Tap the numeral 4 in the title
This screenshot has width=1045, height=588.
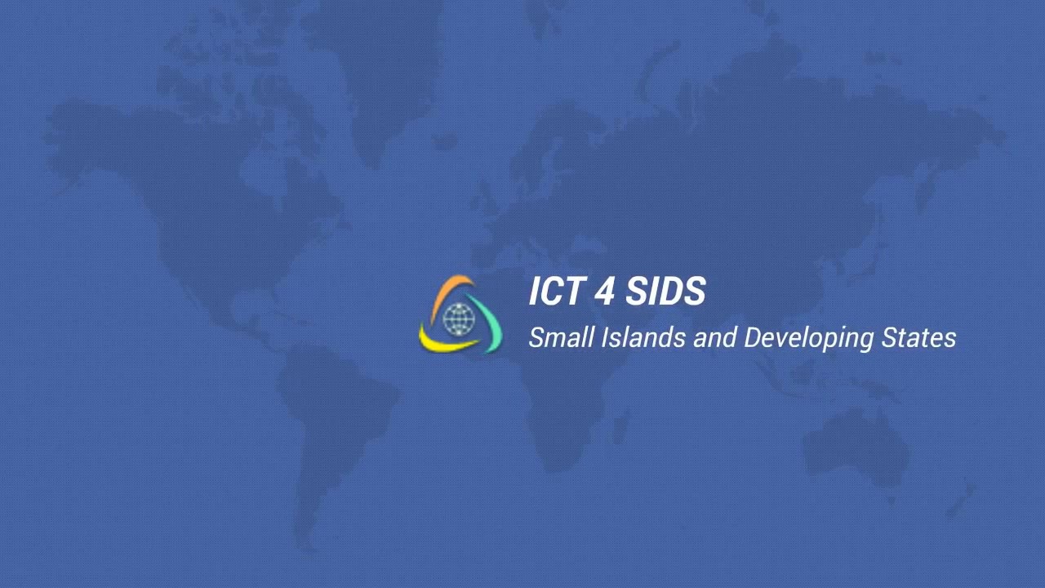point(605,292)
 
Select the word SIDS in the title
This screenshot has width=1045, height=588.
point(665,292)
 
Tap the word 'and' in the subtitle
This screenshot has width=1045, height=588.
point(714,338)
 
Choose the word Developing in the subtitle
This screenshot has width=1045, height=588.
point(808,339)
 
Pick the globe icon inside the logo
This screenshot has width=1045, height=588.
point(459,319)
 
